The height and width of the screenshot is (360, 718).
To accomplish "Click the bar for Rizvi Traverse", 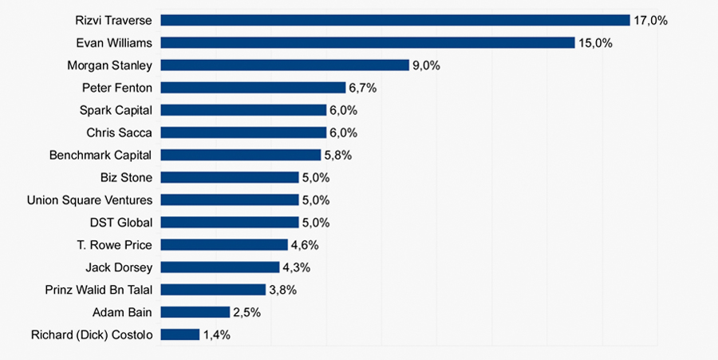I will click(396, 20).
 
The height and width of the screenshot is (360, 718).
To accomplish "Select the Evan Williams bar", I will click(368, 42).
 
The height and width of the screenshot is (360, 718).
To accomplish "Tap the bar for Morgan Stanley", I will click(285, 65).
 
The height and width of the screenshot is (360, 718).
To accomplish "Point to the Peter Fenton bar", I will click(253, 88).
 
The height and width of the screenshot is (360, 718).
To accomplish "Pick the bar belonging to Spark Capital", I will click(243, 110).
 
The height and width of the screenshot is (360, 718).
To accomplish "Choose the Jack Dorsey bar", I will click(220, 267).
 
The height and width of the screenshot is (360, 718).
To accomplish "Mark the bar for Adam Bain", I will click(195, 312).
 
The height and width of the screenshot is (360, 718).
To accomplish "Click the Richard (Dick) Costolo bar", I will click(179, 334).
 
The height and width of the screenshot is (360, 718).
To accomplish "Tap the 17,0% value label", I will click(650, 21).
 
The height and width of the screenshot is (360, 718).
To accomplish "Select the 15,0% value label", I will click(595, 43).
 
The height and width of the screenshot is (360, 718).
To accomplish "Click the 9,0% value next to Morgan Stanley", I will click(426, 65).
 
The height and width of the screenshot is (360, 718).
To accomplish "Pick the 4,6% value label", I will click(304, 245).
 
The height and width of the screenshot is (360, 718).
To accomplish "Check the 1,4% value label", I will click(216, 335).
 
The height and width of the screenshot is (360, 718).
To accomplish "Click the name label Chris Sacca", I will click(119, 133).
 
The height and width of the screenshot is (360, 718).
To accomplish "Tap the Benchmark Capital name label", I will click(100, 155).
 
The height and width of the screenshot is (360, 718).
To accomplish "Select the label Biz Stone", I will click(126, 177).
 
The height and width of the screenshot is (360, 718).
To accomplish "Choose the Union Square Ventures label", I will click(89, 200).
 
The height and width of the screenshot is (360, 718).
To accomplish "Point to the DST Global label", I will click(120, 223).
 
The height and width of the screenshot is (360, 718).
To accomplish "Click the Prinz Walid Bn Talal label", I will click(98, 290).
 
